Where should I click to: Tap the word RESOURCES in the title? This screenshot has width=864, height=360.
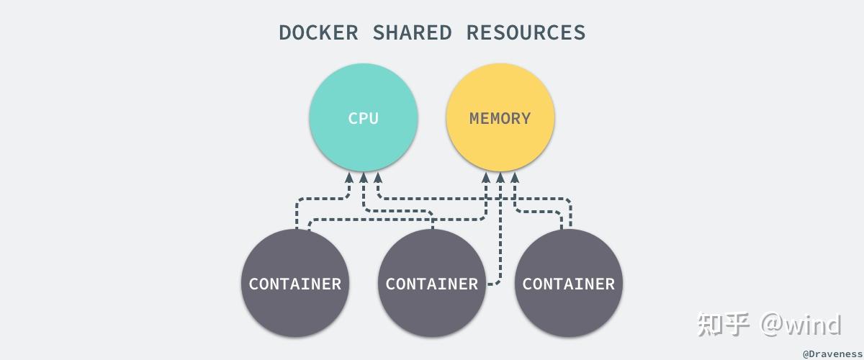coord(526,32)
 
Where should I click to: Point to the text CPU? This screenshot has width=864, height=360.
coord(364,119)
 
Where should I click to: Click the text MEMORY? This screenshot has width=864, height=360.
coord(500,119)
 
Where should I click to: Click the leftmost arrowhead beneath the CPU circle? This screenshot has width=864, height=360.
coord(350,176)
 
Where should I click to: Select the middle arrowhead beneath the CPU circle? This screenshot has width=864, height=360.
coord(364,176)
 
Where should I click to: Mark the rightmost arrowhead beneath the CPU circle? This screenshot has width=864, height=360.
coord(377,176)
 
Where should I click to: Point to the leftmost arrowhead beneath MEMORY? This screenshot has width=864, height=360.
coord(487,176)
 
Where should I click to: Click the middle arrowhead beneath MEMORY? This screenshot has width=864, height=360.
coord(500,176)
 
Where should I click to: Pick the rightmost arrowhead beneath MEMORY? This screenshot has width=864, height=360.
coord(514,176)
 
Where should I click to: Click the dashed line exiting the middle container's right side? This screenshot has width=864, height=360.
coord(494,284)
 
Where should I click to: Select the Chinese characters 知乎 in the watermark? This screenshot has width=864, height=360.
coord(724,325)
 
